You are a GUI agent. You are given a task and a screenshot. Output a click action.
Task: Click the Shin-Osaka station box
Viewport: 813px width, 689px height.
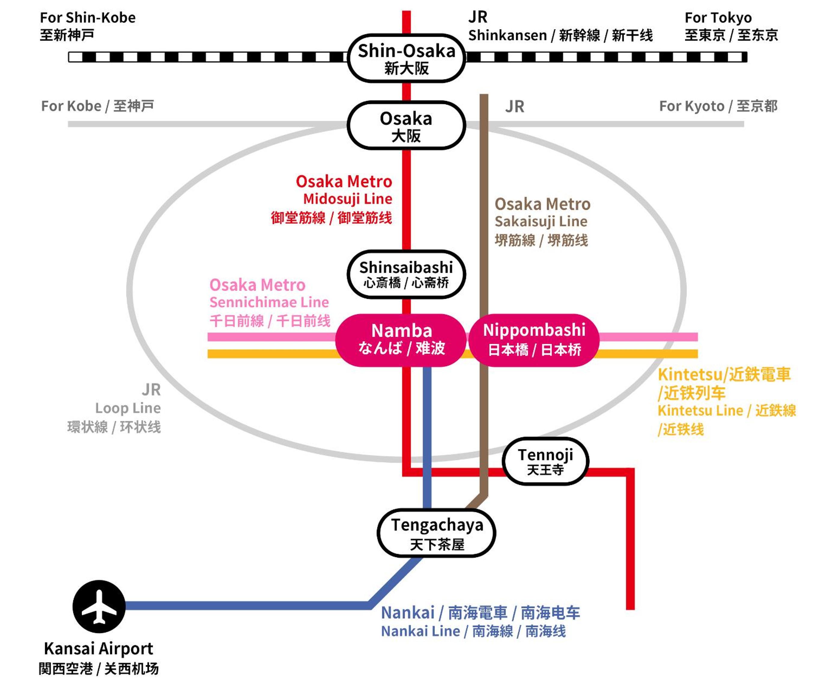(406, 58)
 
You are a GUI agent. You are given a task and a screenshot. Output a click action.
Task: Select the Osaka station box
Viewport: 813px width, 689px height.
(406, 125)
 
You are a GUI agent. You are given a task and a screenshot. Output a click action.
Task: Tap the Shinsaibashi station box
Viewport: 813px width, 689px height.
(406, 274)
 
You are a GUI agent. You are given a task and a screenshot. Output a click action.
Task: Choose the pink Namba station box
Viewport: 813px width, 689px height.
(401, 340)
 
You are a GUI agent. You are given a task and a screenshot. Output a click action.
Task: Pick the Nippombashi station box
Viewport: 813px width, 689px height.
(534, 340)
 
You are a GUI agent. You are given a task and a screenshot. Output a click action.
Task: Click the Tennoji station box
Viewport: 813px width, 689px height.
(545, 461)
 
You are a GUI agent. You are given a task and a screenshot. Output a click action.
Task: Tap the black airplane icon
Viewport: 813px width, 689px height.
(99, 607)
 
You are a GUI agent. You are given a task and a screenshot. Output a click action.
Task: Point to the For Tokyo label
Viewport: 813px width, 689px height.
(718, 17)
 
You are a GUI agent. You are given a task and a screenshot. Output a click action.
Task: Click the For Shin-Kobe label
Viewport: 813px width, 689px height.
(88, 17)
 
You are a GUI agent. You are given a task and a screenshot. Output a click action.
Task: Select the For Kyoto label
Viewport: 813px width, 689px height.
(692, 106)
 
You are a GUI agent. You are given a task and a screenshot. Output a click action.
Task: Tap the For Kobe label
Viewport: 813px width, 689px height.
(71, 106)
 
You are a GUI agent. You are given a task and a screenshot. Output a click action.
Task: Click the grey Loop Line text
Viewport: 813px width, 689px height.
(128, 408)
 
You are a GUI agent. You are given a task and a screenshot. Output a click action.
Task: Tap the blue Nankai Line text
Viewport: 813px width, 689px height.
(420, 631)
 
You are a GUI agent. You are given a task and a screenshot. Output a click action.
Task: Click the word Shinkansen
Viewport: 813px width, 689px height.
(507, 35)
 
